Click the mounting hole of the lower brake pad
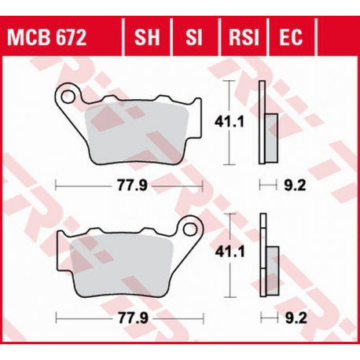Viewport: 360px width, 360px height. pyautogui.click(x=188, y=230)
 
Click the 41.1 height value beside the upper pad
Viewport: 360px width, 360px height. pyautogui.click(x=228, y=122)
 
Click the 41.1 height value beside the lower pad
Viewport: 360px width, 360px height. pyautogui.click(x=228, y=253)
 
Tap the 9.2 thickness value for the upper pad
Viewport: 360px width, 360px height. pyautogui.click(x=293, y=186)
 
